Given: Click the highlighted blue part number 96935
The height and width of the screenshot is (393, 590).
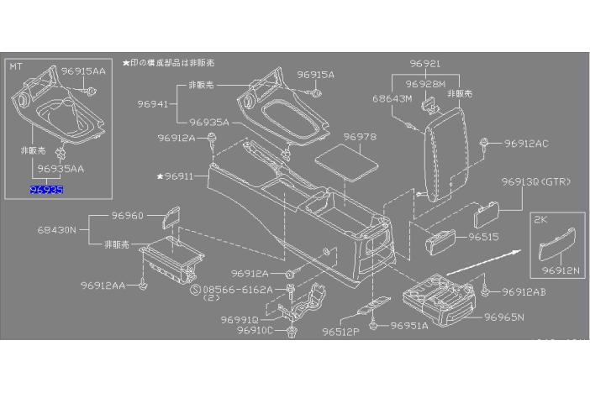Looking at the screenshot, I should coord(46,191).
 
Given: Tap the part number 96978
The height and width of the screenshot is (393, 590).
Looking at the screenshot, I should coord(360,137).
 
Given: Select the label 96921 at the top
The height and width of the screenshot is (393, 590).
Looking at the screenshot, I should coord(425,64).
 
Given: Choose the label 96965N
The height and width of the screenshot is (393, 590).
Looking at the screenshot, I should coord(504,317).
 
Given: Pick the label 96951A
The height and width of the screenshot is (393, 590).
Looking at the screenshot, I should coord(409,325).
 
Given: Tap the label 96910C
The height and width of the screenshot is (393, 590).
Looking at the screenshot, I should coord(255,331).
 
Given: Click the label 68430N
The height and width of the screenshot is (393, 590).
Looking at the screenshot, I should coord(56,228).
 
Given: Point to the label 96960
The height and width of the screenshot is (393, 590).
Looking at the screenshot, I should coord(128,215).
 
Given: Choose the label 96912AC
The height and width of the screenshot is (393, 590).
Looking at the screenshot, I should coord(527,144).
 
